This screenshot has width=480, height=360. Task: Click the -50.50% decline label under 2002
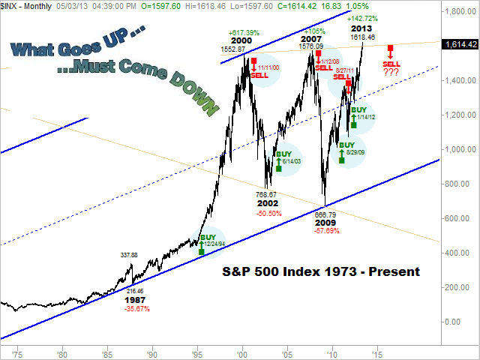tap(268, 213)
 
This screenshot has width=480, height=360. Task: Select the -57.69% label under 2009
tap(326, 230)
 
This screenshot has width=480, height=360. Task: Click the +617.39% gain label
tap(245, 33)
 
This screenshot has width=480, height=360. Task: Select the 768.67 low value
tap(268, 194)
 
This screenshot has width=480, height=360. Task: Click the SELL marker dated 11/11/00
tap(259, 69)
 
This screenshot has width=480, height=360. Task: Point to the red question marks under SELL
tap(391, 73)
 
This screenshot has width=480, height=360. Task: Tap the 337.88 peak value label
tap(130, 255)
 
